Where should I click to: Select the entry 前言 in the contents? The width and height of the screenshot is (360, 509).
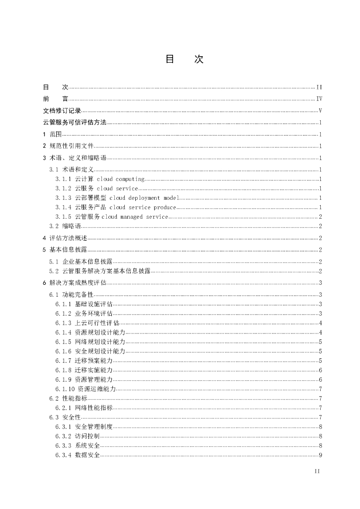coord(56,99)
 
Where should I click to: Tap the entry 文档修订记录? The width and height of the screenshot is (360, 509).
coord(62,111)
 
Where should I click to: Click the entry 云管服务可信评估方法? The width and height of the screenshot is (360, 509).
coord(75,123)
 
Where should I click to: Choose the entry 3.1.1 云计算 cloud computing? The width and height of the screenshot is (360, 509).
coord(100,179)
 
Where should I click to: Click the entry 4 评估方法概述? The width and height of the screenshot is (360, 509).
coord(65,238)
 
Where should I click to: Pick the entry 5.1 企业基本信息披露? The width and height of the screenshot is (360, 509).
coord(81,261)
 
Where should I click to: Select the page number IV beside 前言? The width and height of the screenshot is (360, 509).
coord(319,99)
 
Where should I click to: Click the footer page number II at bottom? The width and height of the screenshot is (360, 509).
coord(317,471)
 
